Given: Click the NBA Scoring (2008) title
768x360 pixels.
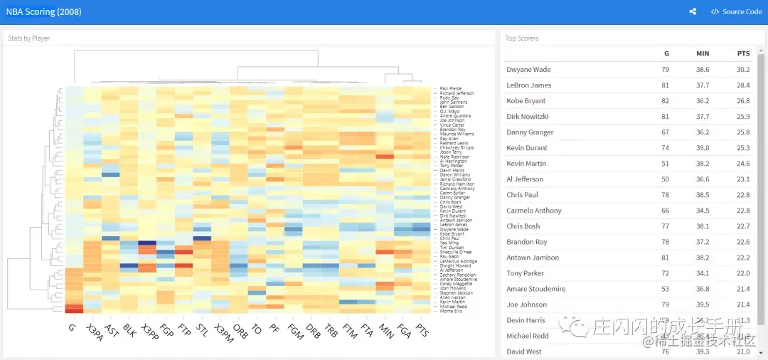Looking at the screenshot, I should click(x=43, y=11).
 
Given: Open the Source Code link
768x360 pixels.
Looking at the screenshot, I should click(x=736, y=11).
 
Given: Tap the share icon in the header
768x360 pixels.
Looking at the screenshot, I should click(x=693, y=11).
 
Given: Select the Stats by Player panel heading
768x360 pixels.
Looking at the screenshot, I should click(x=29, y=38).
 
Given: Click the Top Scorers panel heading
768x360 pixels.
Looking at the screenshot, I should click(x=522, y=38).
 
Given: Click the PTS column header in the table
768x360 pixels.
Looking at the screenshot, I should click(x=743, y=53).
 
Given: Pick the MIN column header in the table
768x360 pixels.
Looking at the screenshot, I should click(x=703, y=53).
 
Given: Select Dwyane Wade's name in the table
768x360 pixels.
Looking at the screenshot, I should click(x=528, y=70).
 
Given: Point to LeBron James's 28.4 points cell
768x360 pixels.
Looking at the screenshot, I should click(x=743, y=85).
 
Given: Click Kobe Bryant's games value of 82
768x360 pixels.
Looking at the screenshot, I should click(x=666, y=101).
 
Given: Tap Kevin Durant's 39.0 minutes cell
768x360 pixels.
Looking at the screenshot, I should click(x=703, y=148).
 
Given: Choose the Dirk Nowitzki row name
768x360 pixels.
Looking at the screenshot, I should click(x=528, y=117).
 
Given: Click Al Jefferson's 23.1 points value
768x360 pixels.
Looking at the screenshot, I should click(x=743, y=179).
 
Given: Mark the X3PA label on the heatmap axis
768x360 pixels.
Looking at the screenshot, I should click(x=93, y=332).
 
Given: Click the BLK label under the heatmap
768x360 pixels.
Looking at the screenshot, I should click(x=129, y=330).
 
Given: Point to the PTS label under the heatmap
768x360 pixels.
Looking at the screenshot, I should click(x=423, y=330).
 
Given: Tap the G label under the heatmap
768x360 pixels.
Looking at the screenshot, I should click(x=72, y=327).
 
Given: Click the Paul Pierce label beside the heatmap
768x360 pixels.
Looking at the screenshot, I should click(x=451, y=88).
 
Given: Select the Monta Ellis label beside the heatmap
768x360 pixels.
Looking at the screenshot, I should click(x=450, y=311).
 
